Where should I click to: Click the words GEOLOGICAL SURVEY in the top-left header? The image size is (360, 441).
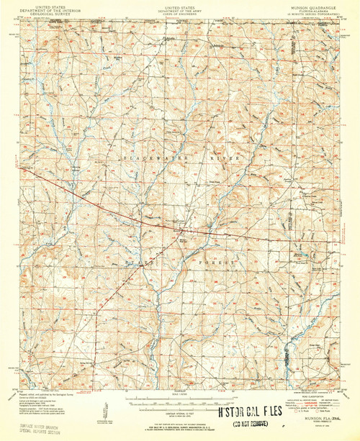[x=49, y=12]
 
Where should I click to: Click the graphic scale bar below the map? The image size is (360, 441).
[x=175, y=400]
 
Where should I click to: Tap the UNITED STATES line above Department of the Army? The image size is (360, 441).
[x=179, y=4]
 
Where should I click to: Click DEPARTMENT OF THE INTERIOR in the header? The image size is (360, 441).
[x=49, y=8]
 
